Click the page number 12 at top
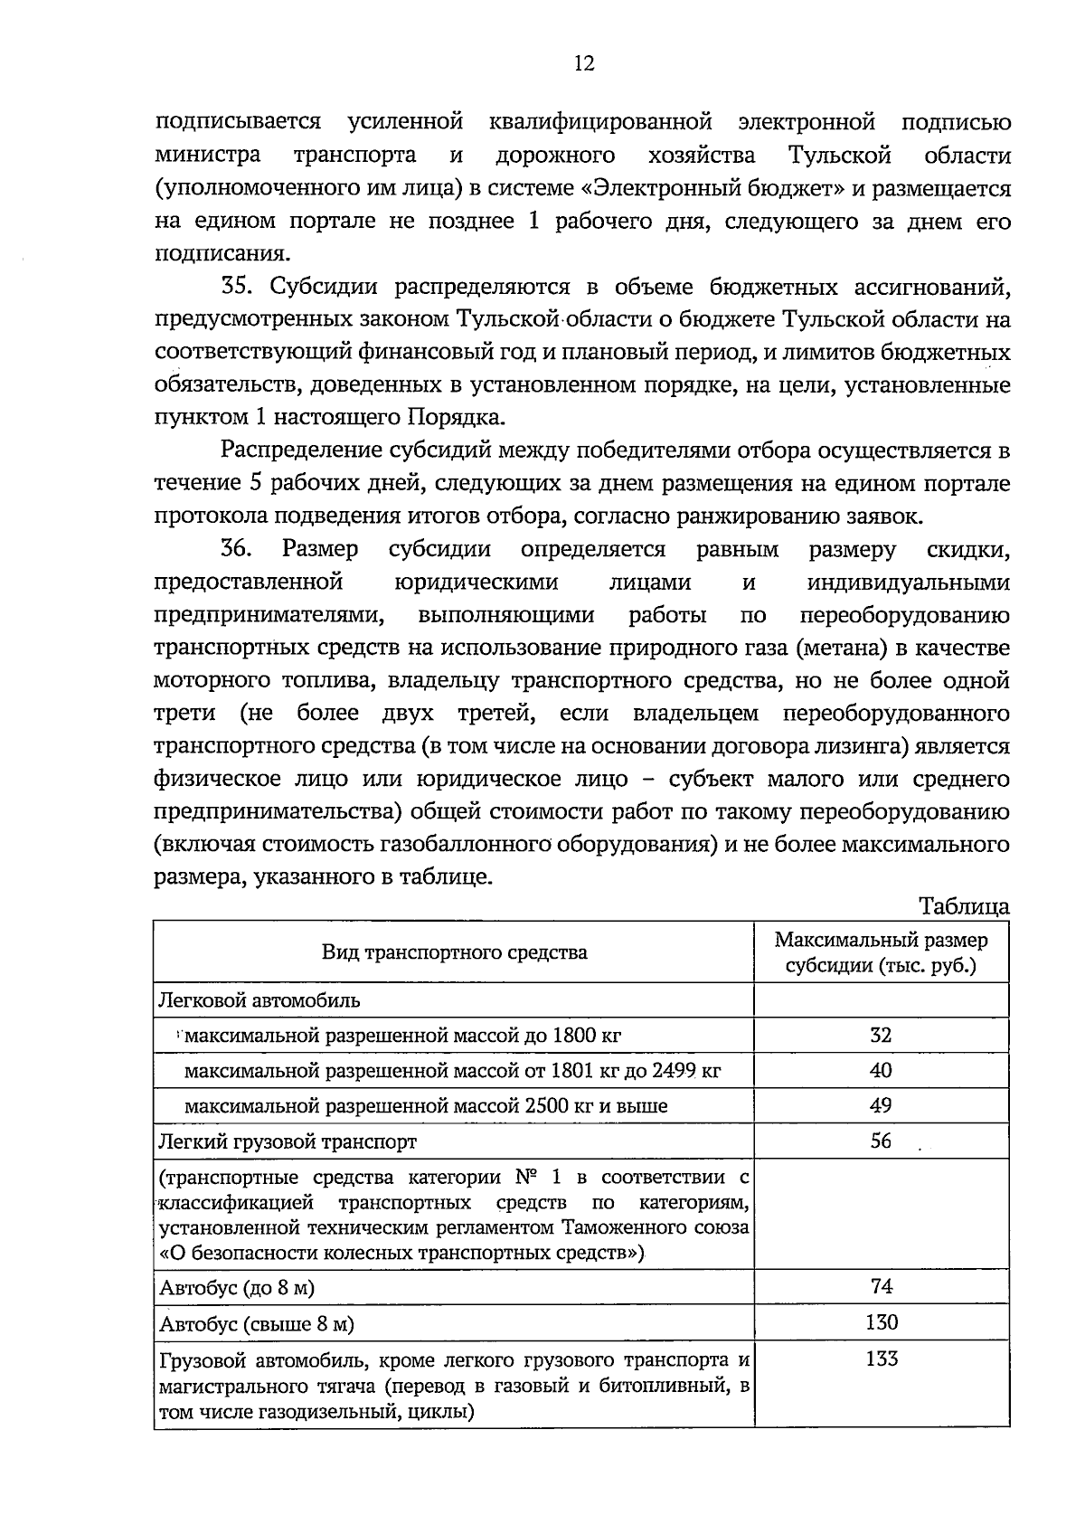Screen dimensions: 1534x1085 (x=583, y=62)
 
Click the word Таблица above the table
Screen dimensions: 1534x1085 (x=963, y=905)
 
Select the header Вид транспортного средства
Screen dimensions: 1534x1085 (x=454, y=952)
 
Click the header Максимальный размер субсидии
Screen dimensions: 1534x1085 (x=881, y=952)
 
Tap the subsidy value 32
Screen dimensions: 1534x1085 (x=881, y=1035)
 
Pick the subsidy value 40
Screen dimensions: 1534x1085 (x=881, y=1071)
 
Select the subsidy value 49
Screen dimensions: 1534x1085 (x=881, y=1105)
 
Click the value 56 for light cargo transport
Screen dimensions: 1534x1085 (x=881, y=1141)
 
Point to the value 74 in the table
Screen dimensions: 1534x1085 (x=881, y=1286)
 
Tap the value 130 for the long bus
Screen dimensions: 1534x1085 (x=881, y=1322)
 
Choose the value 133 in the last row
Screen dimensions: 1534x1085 (x=881, y=1359)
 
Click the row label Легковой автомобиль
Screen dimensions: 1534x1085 (x=259, y=1000)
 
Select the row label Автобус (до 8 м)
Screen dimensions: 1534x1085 (x=237, y=1288)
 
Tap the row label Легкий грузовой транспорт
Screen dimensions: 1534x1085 (x=288, y=1141)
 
